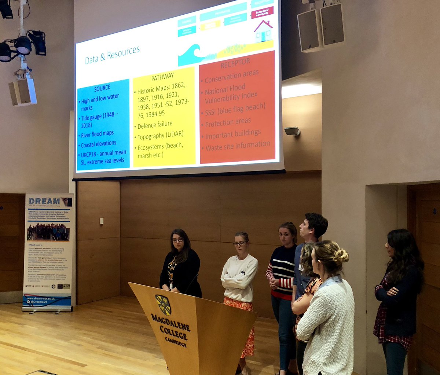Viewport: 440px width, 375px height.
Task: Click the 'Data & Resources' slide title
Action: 112,55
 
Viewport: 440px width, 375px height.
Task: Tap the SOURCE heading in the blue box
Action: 102,88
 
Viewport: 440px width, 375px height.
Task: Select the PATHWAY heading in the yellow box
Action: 162,77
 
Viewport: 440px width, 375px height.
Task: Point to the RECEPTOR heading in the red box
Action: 235,63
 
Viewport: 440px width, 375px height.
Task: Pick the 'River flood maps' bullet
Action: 97,133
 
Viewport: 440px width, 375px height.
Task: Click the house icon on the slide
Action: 263,32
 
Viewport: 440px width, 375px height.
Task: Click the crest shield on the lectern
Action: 164,305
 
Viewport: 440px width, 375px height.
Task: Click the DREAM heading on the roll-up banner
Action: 45,201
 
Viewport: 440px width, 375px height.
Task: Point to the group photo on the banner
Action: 48,232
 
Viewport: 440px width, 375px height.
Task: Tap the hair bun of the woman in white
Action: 341,255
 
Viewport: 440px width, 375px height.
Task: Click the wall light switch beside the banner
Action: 102,221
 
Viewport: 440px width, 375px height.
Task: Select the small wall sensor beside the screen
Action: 292,131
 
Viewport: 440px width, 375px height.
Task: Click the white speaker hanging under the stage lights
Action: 23,92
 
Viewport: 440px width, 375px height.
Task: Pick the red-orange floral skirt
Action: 244,323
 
